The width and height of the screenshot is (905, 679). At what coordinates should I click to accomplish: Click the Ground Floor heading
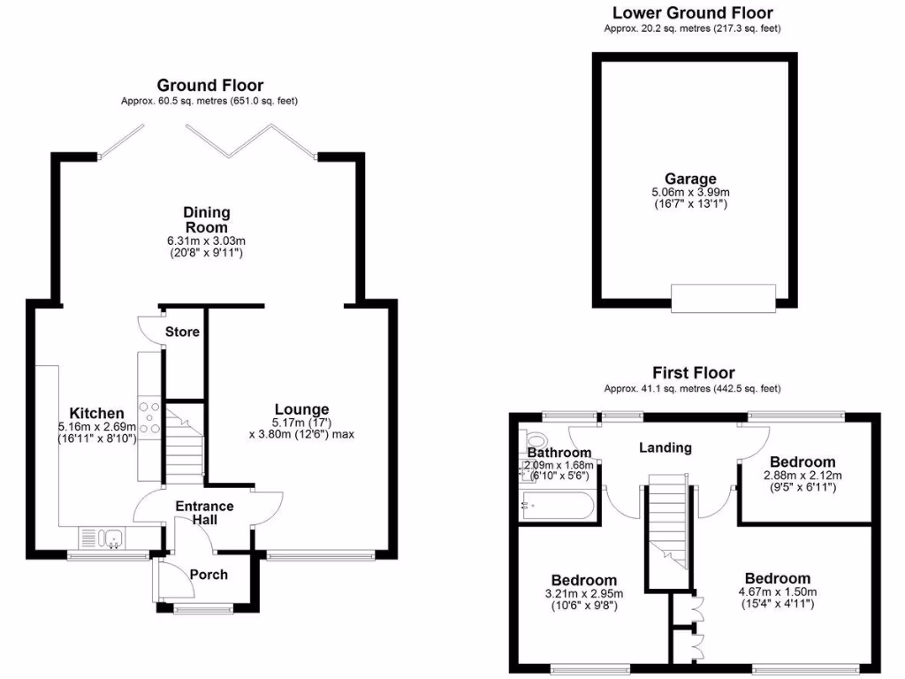tap(209, 85)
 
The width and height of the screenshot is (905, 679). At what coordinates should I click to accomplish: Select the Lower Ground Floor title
tap(692, 12)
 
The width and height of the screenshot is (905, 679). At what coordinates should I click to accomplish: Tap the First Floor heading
tap(693, 372)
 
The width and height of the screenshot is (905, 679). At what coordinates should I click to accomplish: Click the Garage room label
tap(691, 179)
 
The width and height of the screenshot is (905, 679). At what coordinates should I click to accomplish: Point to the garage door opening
tap(723, 298)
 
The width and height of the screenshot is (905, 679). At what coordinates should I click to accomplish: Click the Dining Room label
tap(206, 220)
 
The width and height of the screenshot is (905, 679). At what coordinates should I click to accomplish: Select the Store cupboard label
tap(183, 332)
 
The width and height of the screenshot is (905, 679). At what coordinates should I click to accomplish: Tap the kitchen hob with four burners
tap(149, 418)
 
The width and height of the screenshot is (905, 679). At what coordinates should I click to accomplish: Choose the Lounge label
tap(301, 409)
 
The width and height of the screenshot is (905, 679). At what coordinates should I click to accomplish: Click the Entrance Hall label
tap(203, 513)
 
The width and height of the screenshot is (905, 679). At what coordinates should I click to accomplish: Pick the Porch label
tap(209, 575)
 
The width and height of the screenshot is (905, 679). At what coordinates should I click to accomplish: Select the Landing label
tap(665, 447)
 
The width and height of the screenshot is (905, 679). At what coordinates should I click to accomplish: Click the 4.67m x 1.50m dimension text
tap(776, 592)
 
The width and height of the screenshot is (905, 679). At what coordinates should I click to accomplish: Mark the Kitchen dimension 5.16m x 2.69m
tap(97, 426)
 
